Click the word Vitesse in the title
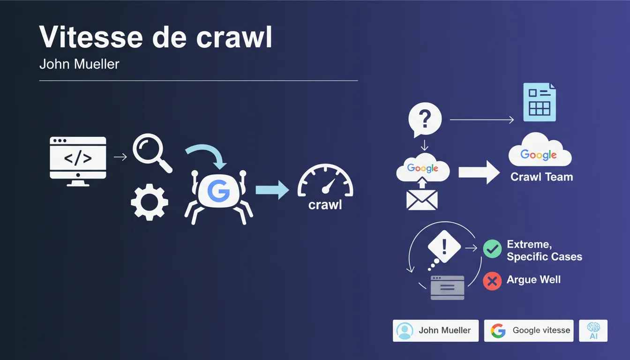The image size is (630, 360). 91,37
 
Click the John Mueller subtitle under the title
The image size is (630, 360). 79,64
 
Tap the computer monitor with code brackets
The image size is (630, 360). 78,161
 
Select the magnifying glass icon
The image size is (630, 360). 152,153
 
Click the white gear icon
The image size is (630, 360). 150,202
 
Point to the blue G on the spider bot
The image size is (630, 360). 218,191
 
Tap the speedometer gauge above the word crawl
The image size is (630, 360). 325,180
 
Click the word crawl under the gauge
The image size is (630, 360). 325,205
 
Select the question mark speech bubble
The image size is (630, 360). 425,119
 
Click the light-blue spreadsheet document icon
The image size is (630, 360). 540,102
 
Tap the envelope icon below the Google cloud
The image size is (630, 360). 422,200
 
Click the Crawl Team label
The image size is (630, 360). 542,177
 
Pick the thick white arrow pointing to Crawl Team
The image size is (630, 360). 479,172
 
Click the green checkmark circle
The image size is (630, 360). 492,249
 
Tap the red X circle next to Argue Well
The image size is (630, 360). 492,281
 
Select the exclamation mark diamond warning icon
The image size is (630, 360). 444,247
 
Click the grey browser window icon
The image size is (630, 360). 447,287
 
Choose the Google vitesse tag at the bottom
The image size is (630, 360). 529,330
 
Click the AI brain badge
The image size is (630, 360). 593,330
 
